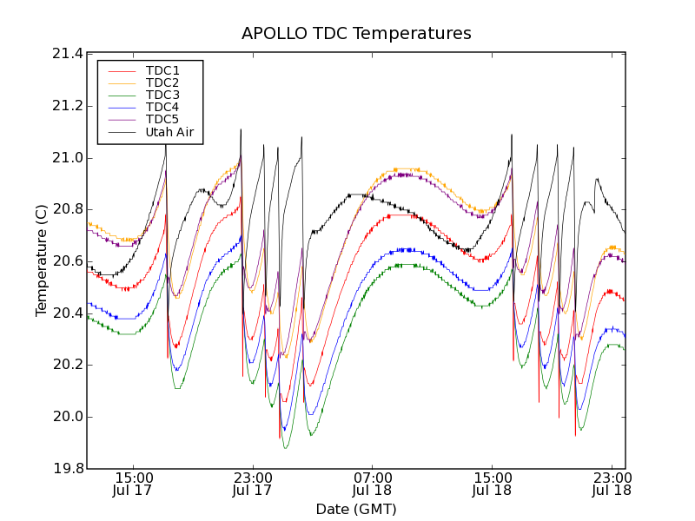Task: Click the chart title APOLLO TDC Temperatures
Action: pyautogui.click(x=356, y=34)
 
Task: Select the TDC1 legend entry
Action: pyautogui.click(x=162, y=70)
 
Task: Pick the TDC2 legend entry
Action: pyautogui.click(x=162, y=82)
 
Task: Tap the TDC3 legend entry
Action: pyautogui.click(x=162, y=95)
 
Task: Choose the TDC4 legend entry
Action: pyautogui.click(x=162, y=107)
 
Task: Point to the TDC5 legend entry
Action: pyautogui.click(x=162, y=119)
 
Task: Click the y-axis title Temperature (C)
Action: pyautogui.click(x=42, y=260)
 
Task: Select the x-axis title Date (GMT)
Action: pyautogui.click(x=356, y=509)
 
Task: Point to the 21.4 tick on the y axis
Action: pyautogui.click(x=68, y=54)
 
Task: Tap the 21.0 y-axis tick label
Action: pyautogui.click(x=68, y=158)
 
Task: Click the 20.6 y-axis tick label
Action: pyautogui.click(x=68, y=261)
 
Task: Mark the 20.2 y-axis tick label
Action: pyautogui.click(x=68, y=365)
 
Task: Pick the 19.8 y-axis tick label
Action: pyautogui.click(x=68, y=469)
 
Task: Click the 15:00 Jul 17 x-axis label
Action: pyautogui.click(x=133, y=484)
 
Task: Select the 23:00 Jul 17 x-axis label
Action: pyautogui.click(x=253, y=484)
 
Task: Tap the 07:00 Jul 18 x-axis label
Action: pyautogui.click(x=373, y=484)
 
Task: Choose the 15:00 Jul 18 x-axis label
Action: pyautogui.click(x=492, y=484)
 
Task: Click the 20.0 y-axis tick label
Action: pyautogui.click(x=68, y=417)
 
